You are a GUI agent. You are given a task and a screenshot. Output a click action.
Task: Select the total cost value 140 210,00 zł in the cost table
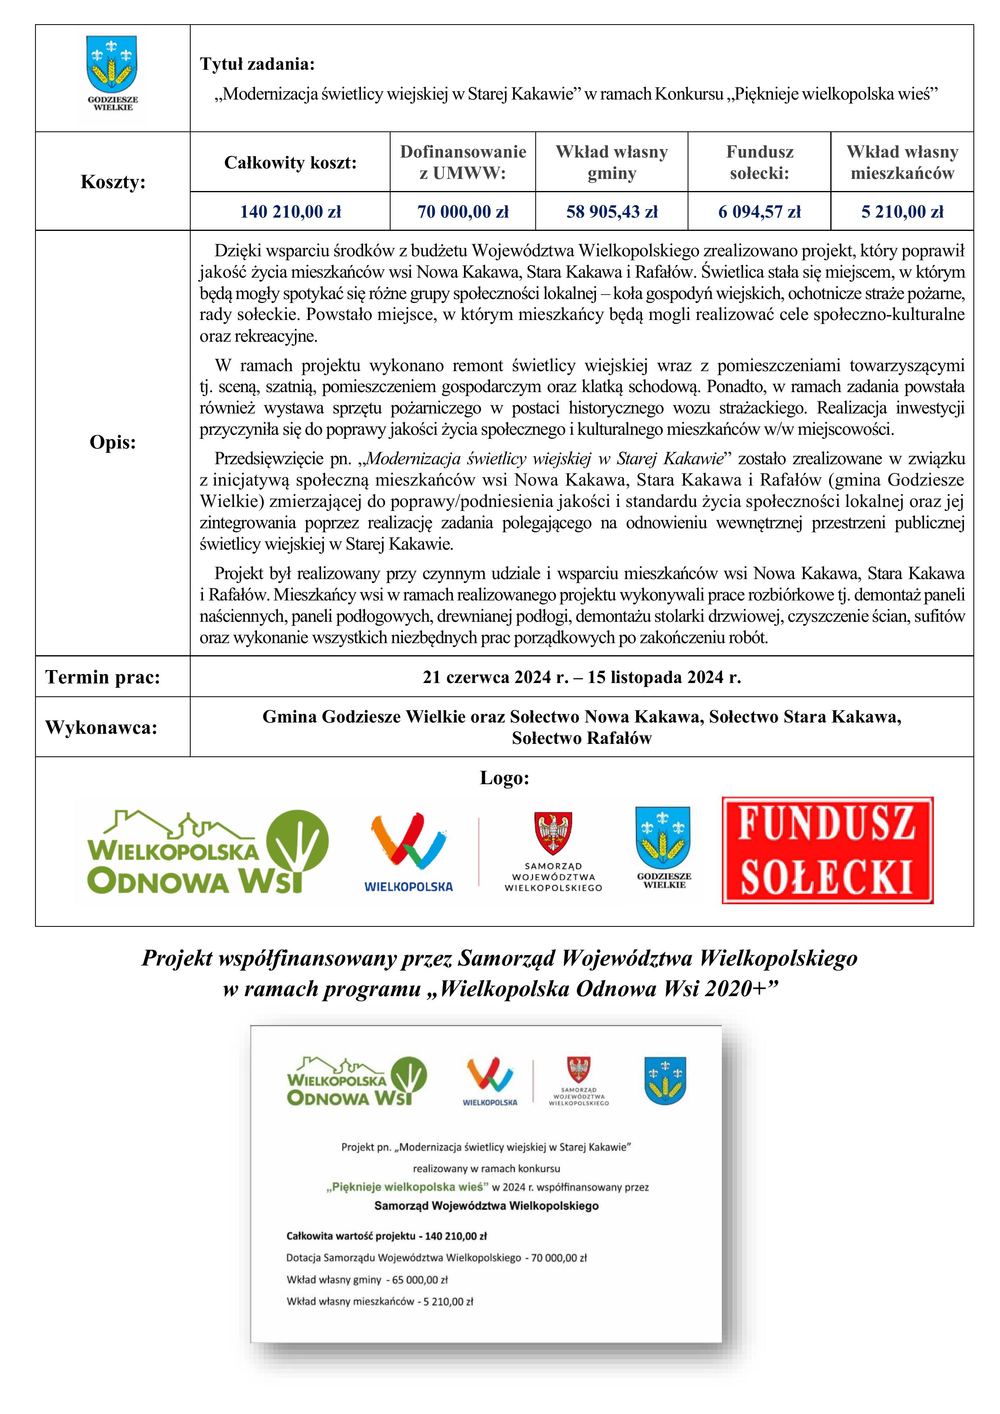(x=290, y=212)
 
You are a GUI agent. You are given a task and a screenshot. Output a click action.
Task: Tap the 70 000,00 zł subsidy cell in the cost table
(x=463, y=212)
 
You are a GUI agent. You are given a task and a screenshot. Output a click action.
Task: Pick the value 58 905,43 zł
(x=612, y=212)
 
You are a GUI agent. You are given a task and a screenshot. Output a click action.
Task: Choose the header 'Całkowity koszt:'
(x=290, y=162)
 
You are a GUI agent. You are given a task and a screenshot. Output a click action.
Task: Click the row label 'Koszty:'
(x=113, y=182)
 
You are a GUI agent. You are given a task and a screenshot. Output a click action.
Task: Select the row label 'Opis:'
(x=113, y=442)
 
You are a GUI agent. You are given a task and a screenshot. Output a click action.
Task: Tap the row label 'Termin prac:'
(x=103, y=677)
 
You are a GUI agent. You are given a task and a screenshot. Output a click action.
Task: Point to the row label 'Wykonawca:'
(x=102, y=727)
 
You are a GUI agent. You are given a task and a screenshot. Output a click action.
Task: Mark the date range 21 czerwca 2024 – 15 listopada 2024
(x=582, y=677)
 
